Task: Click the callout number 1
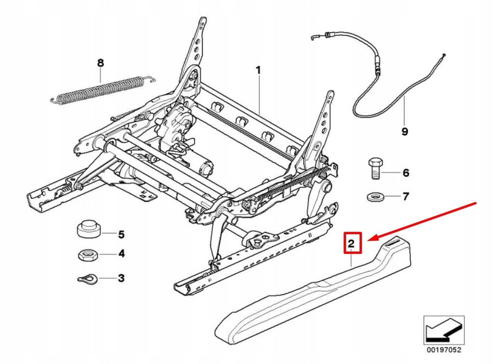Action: (258, 70)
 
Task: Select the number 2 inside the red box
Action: (351, 244)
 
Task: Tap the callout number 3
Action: (121, 278)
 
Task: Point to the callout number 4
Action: (121, 253)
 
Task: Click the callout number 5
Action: (121, 234)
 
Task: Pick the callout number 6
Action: (405, 172)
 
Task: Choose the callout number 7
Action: (405, 196)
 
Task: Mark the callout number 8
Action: (100, 63)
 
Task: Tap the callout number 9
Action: (404, 131)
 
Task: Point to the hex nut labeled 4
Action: (89, 254)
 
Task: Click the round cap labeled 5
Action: (89, 228)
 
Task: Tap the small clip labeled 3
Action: (88, 278)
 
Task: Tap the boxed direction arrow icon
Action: (443, 329)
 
